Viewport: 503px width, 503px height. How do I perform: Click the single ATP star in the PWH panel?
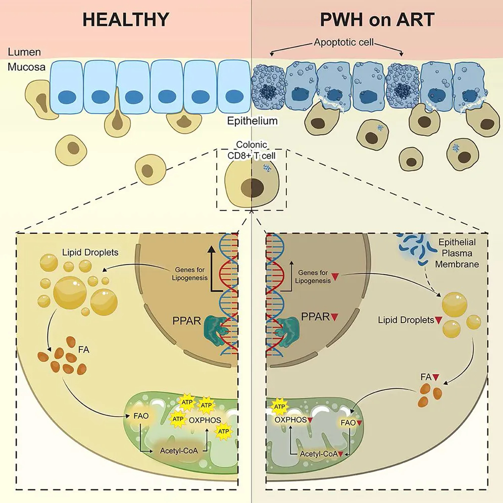click(x=279, y=406)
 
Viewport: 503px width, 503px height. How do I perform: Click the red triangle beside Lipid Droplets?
click(x=438, y=320)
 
